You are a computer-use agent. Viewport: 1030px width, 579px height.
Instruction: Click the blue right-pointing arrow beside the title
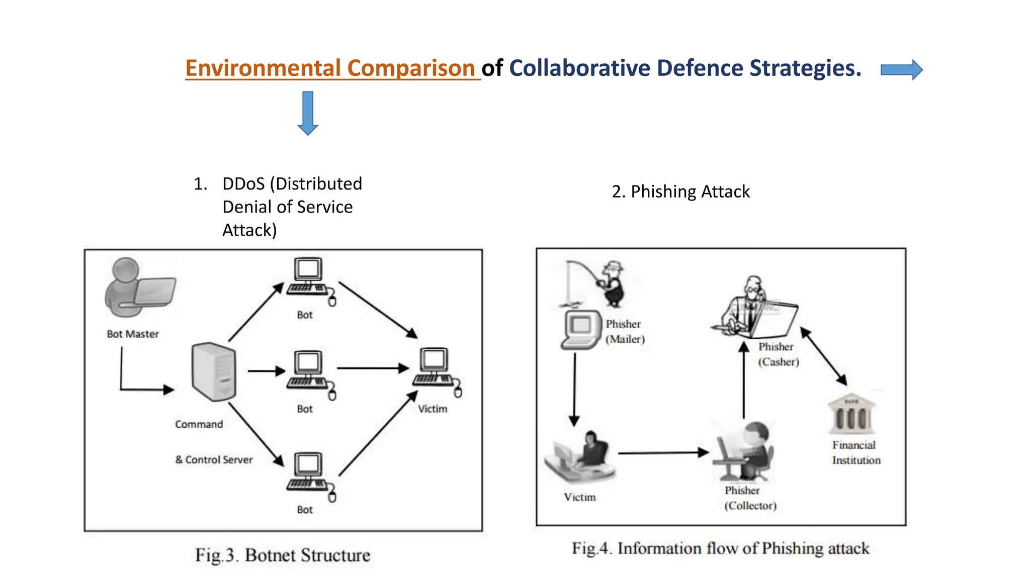pos(901,70)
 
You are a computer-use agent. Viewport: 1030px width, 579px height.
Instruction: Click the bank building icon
pos(851,414)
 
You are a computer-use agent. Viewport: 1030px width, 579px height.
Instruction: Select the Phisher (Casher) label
pos(778,354)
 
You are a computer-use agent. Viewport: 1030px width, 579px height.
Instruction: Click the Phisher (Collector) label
pos(750,498)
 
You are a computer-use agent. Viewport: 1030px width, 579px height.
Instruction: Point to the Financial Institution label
pos(855,452)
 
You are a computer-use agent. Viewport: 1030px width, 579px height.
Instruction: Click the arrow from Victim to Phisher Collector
pos(663,453)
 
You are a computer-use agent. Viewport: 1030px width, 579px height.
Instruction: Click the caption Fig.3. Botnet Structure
pos(283,555)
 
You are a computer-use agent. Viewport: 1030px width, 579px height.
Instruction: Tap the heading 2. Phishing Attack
pos(680,191)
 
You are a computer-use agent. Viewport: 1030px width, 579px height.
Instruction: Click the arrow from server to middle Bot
pos(266,371)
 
